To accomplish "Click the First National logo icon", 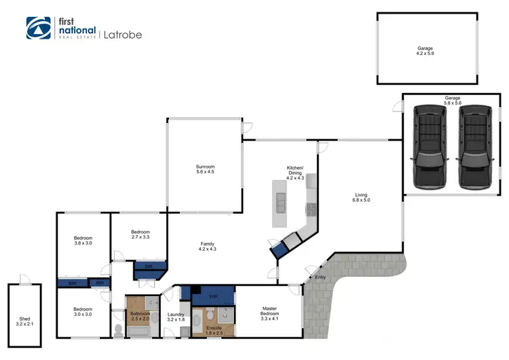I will point(38,28).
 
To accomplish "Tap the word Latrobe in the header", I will point(124,34).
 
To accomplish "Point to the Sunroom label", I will point(206,166).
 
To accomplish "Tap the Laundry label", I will point(176,314).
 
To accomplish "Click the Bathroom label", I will point(140,314).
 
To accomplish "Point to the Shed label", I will point(25,319).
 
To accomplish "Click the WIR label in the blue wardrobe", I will point(212,297).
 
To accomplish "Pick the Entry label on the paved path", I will point(320,278).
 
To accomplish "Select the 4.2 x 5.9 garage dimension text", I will point(425,54).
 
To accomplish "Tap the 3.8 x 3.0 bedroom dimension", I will point(83,242).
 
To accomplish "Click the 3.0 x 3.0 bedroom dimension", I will point(83,314).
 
